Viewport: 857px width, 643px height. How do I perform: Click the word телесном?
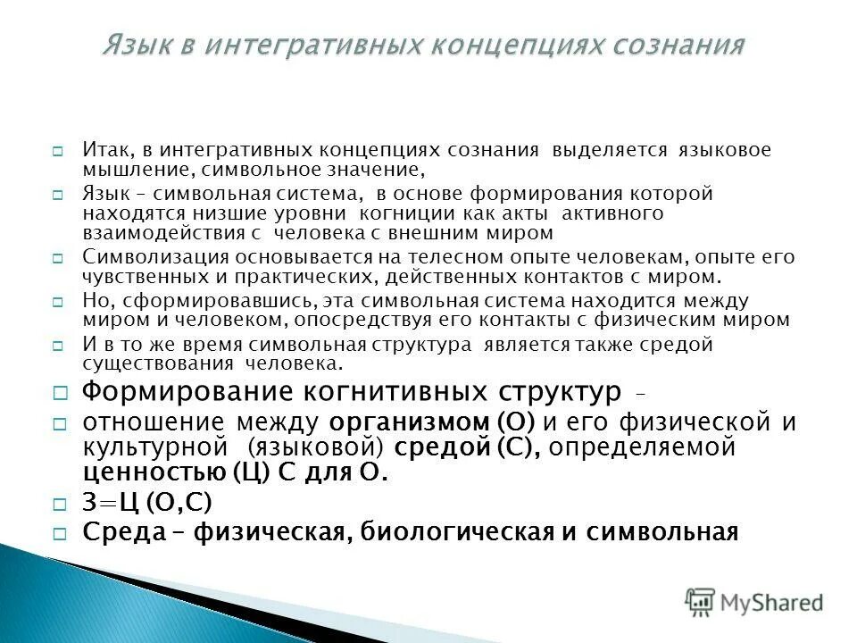442,257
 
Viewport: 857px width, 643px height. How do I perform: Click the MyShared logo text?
772,602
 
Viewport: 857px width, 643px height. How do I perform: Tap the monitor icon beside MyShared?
701,600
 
